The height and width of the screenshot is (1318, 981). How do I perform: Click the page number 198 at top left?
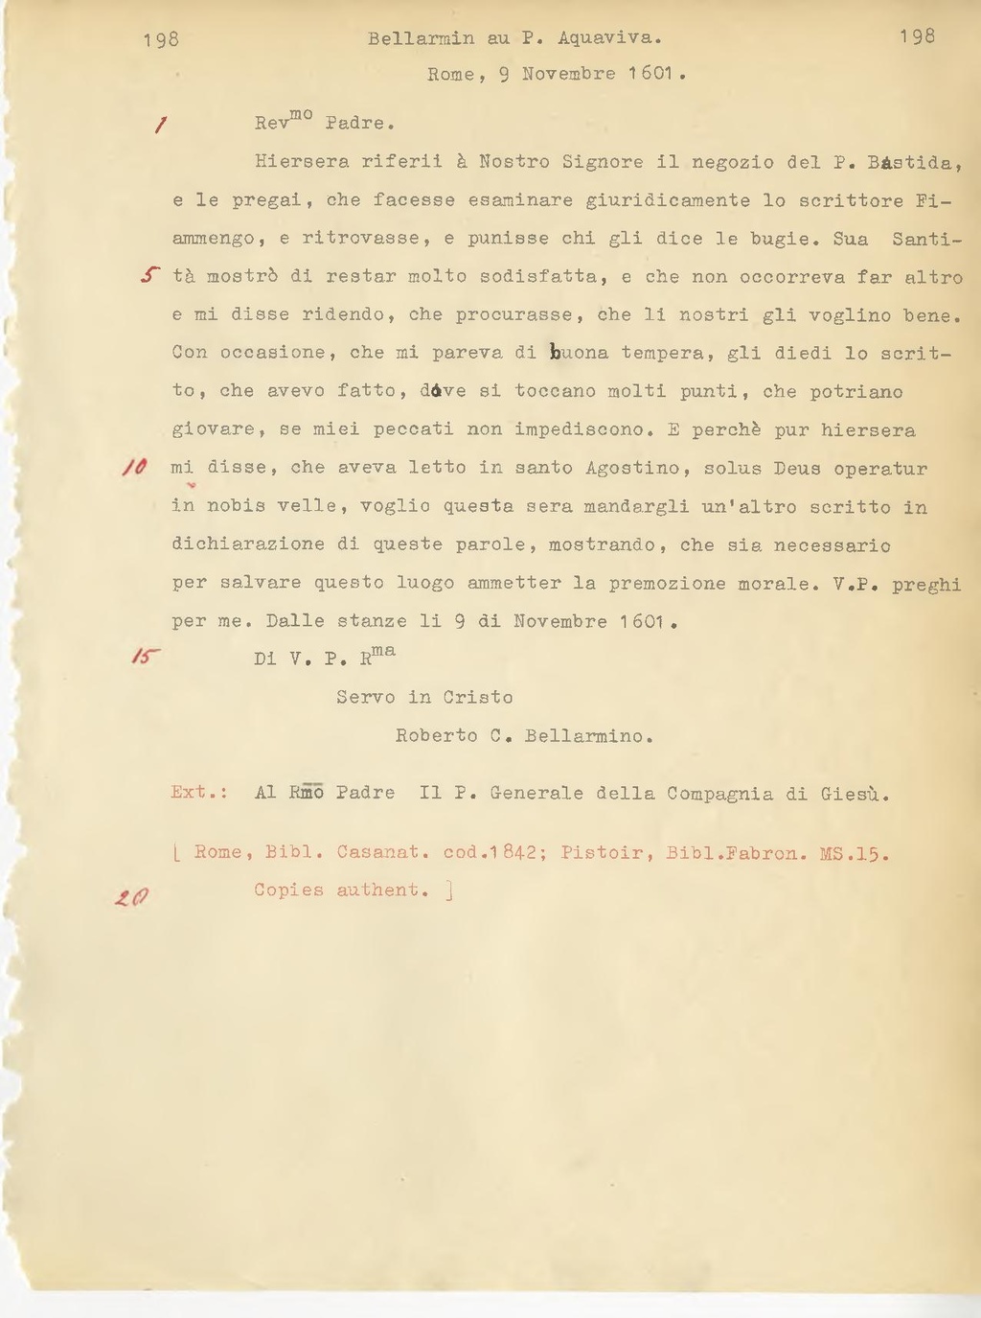pyautogui.click(x=161, y=39)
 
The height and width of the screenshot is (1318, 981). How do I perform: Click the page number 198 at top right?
pyautogui.click(x=917, y=36)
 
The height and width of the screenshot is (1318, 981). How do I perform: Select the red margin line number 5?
pyautogui.click(x=148, y=276)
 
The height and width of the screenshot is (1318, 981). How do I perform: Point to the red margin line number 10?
pyautogui.click(x=135, y=467)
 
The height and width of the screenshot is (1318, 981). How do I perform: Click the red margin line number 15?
pyautogui.click(x=146, y=657)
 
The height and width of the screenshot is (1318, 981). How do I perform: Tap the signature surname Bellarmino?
pyautogui.click(x=589, y=736)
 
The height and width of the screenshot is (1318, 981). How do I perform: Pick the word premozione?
pyautogui.click(x=667, y=583)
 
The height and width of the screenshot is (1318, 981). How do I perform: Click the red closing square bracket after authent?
pyautogui.click(x=449, y=890)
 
